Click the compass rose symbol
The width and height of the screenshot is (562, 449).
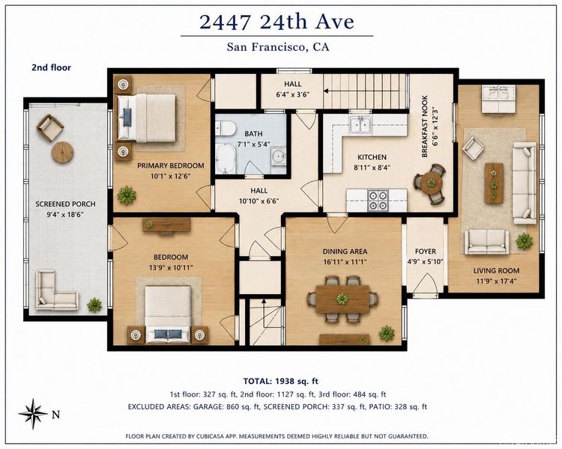(33, 414)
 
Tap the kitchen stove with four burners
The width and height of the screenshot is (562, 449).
(378, 201)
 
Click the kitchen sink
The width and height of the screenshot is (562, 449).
(360, 125)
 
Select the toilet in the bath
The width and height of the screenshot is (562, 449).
(225, 128)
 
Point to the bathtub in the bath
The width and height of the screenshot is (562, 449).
(225, 158)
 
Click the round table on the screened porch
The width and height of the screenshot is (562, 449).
(63, 153)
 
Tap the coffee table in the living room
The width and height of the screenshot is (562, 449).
(495, 183)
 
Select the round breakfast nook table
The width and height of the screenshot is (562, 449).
(430, 183)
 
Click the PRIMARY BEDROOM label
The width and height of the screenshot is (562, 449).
(171, 166)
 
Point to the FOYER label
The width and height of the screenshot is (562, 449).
(426, 251)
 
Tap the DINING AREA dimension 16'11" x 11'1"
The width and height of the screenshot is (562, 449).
(345, 262)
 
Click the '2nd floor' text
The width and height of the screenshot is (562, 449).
(51, 67)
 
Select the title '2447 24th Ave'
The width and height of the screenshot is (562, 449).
(277, 22)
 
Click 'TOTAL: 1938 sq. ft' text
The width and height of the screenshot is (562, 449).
(281, 381)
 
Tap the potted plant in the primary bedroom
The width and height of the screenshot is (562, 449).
(127, 195)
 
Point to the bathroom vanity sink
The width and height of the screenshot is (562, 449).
(278, 156)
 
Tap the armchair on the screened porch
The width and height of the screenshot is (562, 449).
(50, 127)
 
